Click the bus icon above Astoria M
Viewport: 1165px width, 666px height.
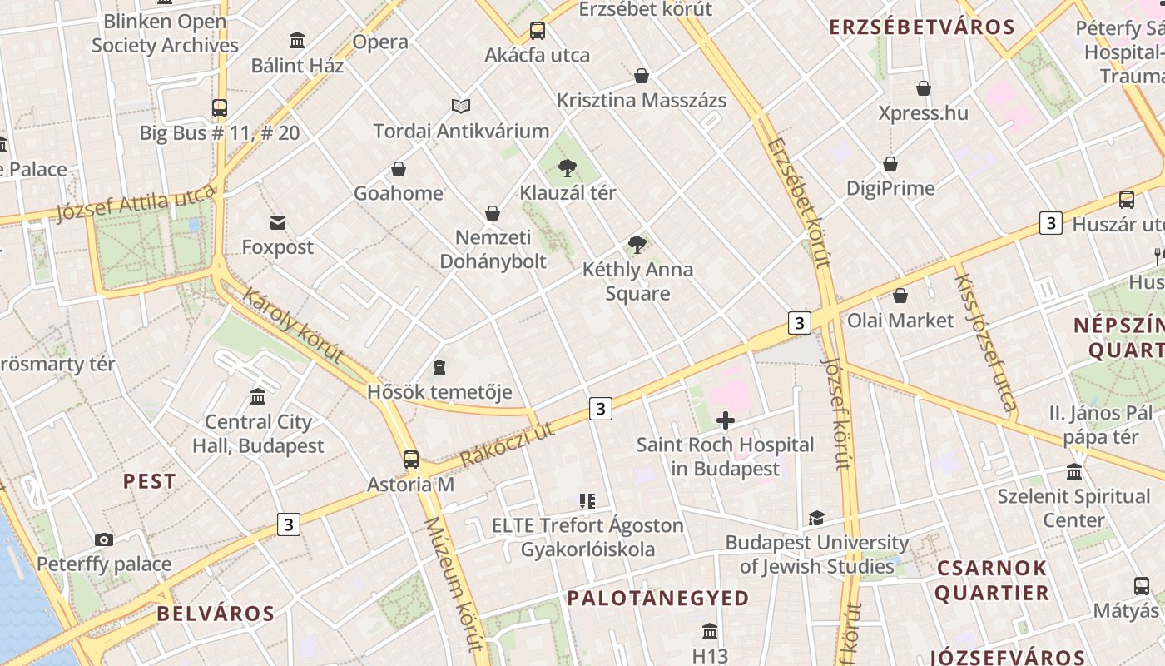[x=411, y=459]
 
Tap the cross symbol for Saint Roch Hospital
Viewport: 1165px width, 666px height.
[x=726, y=420]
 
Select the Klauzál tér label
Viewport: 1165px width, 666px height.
[x=568, y=193]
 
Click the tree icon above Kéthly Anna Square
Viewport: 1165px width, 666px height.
[x=637, y=245]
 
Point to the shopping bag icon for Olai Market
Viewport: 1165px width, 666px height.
[x=900, y=296]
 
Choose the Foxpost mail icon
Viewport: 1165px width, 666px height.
[x=278, y=222]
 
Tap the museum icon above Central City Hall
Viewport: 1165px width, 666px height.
[x=258, y=396]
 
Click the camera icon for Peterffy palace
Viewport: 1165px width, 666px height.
[x=104, y=539]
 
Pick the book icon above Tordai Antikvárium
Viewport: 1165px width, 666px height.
[x=461, y=106]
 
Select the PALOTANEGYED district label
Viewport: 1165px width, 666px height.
[x=658, y=598]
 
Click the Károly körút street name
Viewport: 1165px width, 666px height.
[x=294, y=325]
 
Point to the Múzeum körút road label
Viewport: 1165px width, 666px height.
[x=454, y=583]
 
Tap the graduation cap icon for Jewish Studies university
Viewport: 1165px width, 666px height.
[x=816, y=518]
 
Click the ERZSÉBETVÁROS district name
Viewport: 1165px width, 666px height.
[x=922, y=27]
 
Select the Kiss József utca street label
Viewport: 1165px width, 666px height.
[x=985, y=341]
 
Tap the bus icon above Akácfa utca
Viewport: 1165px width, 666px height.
[x=538, y=31]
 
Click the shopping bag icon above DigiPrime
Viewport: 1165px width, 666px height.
[x=890, y=164]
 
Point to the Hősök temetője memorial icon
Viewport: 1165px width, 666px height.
[x=439, y=366]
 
